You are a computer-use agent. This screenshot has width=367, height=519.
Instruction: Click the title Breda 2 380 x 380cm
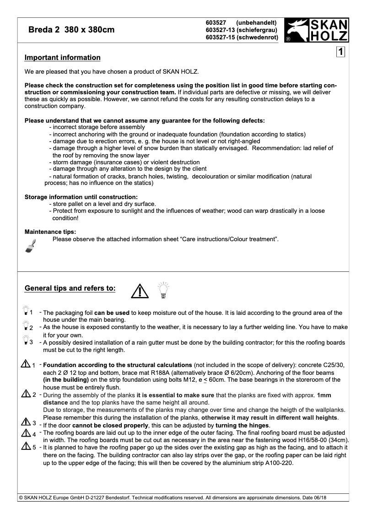pos(71,30)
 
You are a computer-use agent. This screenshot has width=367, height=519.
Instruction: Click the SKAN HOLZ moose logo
pos(316,30)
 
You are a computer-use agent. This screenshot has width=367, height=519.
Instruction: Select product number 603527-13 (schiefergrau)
pos(242,30)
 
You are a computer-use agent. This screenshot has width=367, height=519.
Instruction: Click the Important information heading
pos(62,58)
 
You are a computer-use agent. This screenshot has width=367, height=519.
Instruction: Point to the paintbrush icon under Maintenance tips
pos(30,246)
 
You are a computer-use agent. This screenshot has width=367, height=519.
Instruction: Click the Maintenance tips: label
pos(50,232)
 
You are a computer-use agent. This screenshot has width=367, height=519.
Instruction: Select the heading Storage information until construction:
pos(81,197)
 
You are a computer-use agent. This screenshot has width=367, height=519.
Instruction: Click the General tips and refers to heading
pos(70,288)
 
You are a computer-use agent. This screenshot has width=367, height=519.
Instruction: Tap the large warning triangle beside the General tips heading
pos(139,290)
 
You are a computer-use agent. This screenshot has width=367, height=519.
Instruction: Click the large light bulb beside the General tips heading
pos(163,290)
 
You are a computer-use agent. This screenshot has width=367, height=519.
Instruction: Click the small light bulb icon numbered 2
pos(25,327)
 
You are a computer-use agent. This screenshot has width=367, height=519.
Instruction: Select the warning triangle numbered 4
pos(26,433)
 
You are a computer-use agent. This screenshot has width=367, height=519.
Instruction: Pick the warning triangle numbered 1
pos(26,365)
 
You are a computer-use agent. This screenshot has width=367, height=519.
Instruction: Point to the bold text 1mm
pos(324,395)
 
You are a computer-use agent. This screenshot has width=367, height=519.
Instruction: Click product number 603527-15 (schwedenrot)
pos(242,38)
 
